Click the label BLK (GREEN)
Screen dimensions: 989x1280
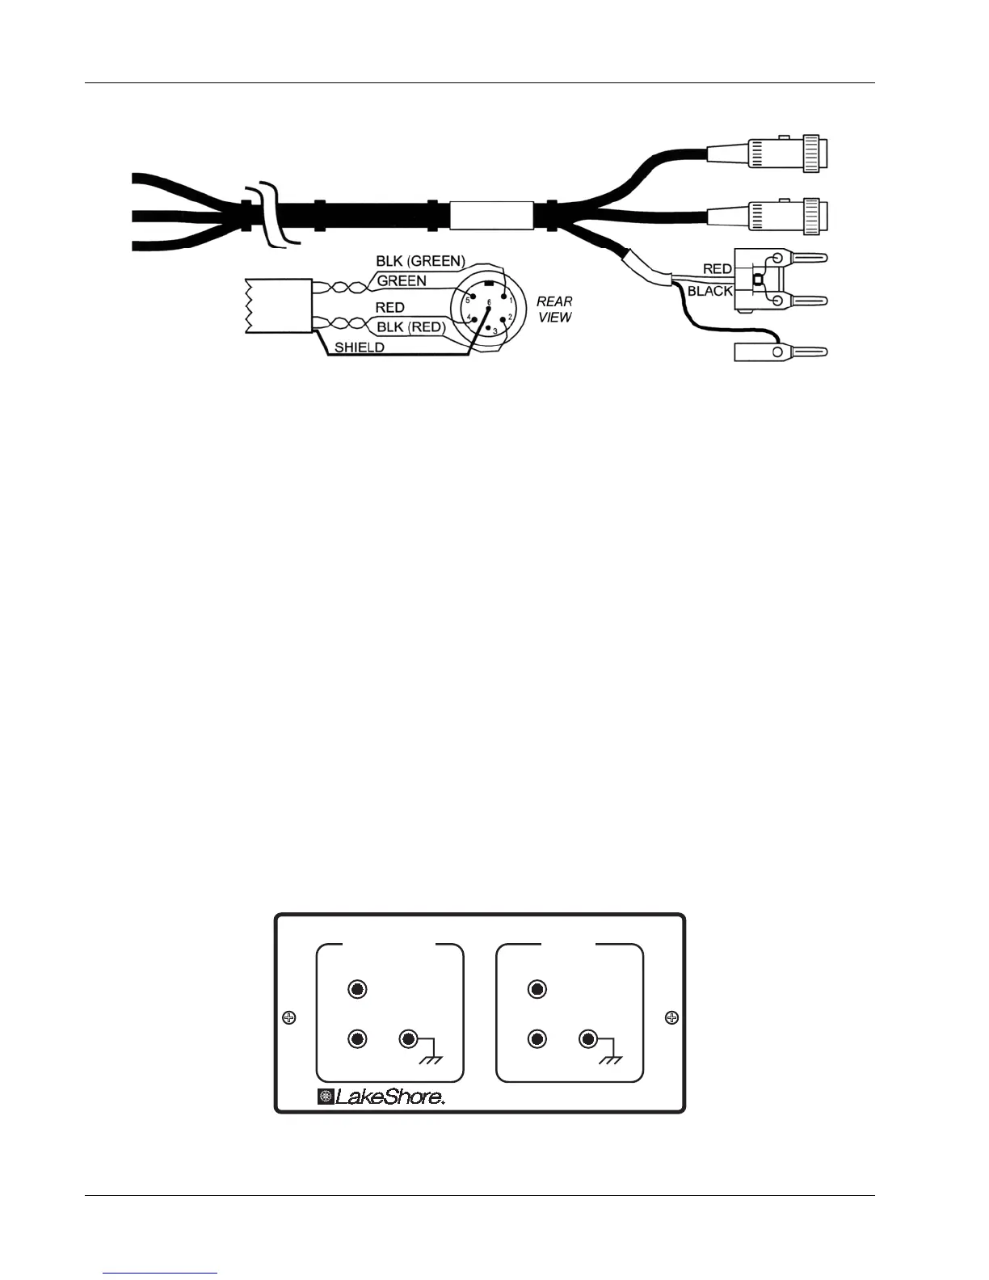pyautogui.click(x=420, y=261)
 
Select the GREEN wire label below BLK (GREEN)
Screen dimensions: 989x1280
pyautogui.click(x=402, y=281)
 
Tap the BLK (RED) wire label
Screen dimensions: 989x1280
pyautogui.click(x=410, y=327)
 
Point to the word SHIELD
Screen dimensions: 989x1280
pyautogui.click(x=360, y=347)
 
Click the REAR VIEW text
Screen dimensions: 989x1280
pyautogui.click(x=554, y=309)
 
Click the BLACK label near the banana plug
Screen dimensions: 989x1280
pyautogui.click(x=709, y=291)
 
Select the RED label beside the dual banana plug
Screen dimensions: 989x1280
pyautogui.click(x=718, y=269)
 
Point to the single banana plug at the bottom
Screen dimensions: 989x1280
pyautogui.click(x=781, y=352)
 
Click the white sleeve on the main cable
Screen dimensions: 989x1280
pyautogui.click(x=491, y=216)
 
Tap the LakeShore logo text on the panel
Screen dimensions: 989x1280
pyautogui.click(x=389, y=1097)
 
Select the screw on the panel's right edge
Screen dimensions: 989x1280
pyautogui.click(x=671, y=1017)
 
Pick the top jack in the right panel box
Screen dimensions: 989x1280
pyautogui.click(x=537, y=989)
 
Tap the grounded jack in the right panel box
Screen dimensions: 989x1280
pyautogui.click(x=589, y=1039)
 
